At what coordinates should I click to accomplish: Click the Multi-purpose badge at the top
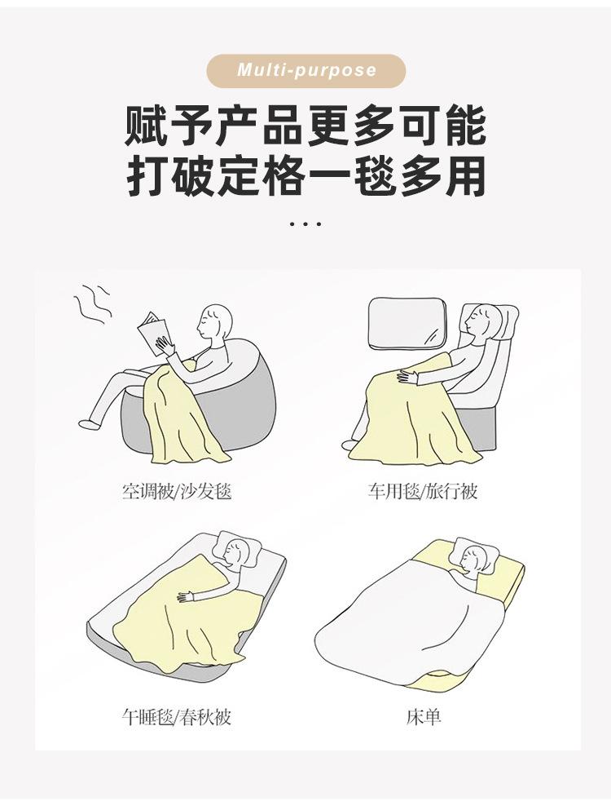306,70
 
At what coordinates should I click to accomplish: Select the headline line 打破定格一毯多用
305,175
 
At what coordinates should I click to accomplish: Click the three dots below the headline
305,223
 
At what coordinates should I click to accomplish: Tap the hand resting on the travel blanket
405,376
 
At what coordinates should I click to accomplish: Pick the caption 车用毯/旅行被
422,492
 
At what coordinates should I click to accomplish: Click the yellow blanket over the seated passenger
407,424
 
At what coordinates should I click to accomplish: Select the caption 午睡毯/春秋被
177,718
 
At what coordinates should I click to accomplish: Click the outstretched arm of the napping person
204,593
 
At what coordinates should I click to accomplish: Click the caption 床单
424,718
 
